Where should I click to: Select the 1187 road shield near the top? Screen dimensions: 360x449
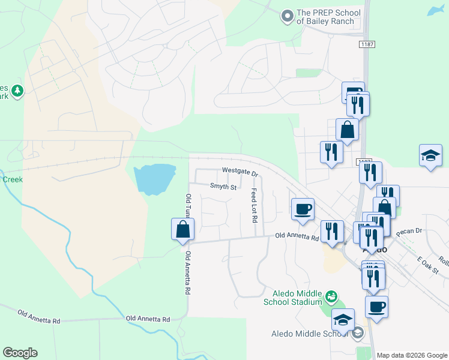367,45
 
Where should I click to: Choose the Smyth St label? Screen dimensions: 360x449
223,187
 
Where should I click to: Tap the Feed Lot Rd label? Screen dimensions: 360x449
255,203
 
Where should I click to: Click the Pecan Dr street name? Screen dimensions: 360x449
411,230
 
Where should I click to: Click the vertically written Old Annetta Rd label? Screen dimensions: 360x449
188,273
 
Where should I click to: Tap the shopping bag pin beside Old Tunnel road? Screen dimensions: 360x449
182,230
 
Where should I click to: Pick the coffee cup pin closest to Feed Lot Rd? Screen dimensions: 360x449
303,209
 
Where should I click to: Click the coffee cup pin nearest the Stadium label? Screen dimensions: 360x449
376,307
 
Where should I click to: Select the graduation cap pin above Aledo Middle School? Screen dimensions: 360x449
343,320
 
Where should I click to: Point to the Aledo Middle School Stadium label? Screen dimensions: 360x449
292,297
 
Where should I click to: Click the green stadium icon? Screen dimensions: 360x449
331,296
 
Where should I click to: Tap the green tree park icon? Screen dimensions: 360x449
19,91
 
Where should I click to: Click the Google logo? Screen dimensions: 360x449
20,353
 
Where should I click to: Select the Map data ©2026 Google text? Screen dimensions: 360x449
411,355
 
